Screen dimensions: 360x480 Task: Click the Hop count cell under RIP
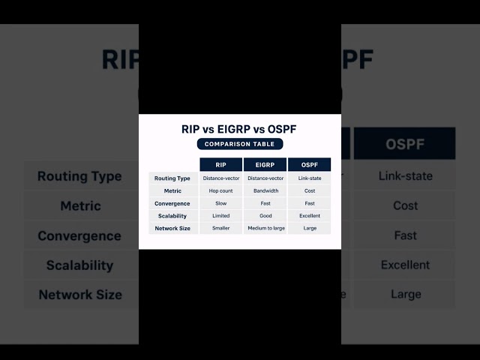pyautogui.click(x=220, y=190)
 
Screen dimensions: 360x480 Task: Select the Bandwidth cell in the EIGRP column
pyautogui.click(x=265, y=190)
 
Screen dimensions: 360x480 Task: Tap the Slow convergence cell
pyautogui.click(x=220, y=203)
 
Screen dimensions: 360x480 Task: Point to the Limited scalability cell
pyautogui.click(x=220, y=215)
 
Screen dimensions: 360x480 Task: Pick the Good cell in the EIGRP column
pyautogui.click(x=265, y=215)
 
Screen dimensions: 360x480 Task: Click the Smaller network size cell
pyautogui.click(x=220, y=228)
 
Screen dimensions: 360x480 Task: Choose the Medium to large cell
pyautogui.click(x=265, y=228)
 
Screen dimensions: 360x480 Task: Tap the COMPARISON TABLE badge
pyautogui.click(x=240, y=144)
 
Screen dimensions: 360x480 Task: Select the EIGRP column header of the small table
pyautogui.click(x=265, y=165)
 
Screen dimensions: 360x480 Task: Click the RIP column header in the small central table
pyautogui.click(x=220, y=165)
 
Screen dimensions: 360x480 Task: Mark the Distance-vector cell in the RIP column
pyautogui.click(x=220, y=178)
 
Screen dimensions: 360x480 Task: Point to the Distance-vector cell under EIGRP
pyautogui.click(x=265, y=178)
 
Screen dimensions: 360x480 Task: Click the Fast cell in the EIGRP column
pyautogui.click(x=265, y=203)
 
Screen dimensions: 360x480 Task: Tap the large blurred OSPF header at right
pyautogui.click(x=405, y=143)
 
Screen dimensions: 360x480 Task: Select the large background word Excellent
pyautogui.click(x=405, y=265)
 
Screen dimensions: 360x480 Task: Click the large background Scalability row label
pyautogui.click(x=79, y=265)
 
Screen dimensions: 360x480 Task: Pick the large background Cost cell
pyautogui.click(x=405, y=205)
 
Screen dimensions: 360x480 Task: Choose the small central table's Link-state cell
pyautogui.click(x=309, y=178)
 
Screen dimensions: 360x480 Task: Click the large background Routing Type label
pyautogui.click(x=79, y=176)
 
